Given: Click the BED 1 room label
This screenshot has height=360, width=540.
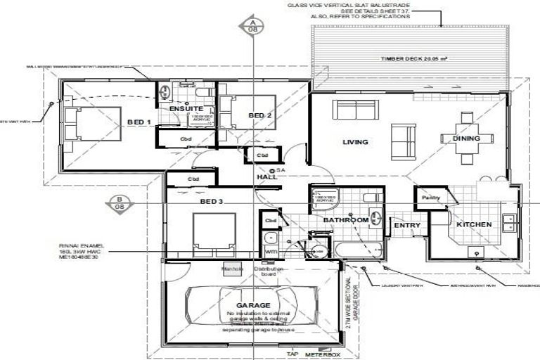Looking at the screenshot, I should coord(139,122).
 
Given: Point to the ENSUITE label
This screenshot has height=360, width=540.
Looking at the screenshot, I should coord(186,109).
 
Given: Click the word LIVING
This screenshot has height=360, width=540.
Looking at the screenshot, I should coord(355,142).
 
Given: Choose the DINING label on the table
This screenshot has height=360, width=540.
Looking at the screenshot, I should coord(466,139).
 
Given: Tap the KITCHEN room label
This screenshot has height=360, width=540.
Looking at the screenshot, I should coord(474,225).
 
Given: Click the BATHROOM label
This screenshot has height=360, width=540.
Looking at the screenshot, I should coord(345,220).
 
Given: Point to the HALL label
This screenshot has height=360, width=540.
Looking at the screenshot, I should coord(266,176).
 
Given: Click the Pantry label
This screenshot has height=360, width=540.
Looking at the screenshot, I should coord(430,198).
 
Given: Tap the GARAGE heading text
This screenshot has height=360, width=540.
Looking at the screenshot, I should coord(253,304).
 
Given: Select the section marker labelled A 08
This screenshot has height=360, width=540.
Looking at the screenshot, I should coord(252,27).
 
